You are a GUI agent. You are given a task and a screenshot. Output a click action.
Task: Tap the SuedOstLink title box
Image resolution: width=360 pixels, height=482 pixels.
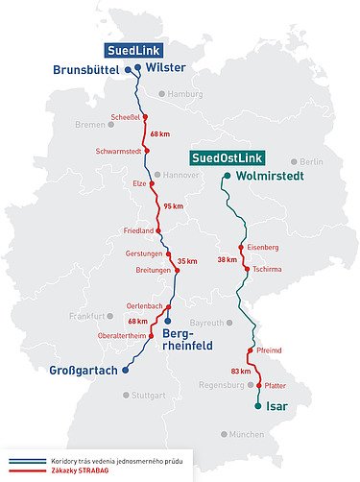[228, 157]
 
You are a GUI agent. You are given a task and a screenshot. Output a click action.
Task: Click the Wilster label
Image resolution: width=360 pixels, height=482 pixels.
[164, 68]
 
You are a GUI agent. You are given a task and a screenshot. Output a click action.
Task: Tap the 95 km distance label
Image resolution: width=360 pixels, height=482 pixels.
[173, 206]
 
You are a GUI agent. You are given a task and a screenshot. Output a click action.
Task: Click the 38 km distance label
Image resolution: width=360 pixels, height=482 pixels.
[227, 259]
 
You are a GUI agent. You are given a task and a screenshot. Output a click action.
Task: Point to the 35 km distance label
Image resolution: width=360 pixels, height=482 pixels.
[187, 260]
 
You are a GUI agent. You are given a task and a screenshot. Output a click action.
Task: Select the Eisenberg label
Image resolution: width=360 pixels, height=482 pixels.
[262, 248]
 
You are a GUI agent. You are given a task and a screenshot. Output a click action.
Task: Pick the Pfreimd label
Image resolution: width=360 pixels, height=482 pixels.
[269, 351]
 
